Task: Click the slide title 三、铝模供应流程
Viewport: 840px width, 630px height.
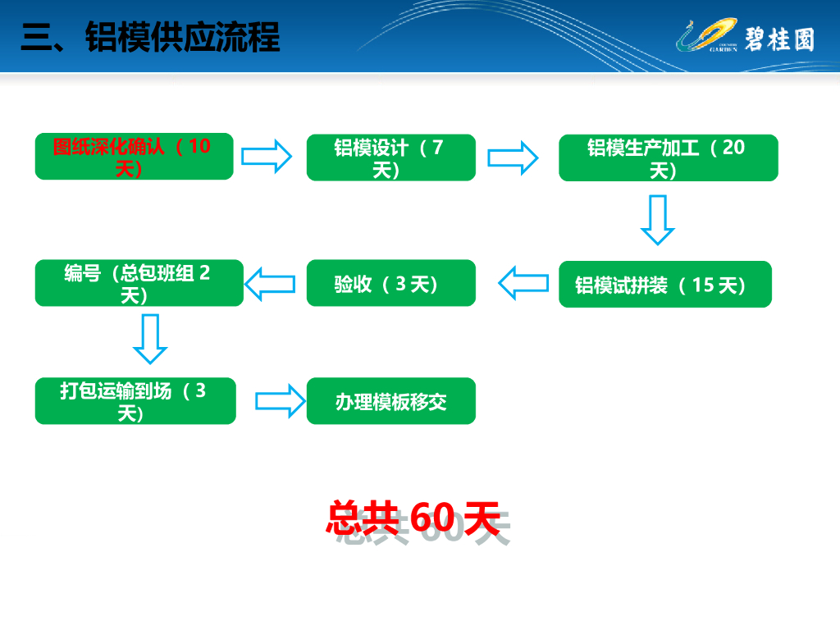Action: (x=150, y=38)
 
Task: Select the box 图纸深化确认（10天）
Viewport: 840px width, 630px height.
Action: (x=135, y=157)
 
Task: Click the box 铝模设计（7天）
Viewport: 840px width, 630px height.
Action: (x=390, y=157)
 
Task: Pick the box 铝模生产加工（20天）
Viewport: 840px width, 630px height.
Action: (x=668, y=157)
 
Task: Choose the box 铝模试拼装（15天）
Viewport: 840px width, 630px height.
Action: (x=664, y=285)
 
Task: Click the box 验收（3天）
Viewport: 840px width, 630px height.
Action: (x=390, y=284)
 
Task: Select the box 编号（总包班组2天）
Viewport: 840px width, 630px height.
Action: (x=139, y=283)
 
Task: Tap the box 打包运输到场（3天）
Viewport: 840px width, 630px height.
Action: (x=135, y=401)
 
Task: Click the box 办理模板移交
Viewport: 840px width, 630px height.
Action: (x=390, y=402)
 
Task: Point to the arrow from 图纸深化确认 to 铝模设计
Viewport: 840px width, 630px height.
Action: (x=267, y=156)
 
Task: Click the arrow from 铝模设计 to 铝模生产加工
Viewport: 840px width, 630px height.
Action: (x=514, y=157)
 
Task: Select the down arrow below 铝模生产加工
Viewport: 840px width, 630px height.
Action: (x=658, y=219)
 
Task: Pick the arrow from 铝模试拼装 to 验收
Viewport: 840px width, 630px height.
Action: (x=523, y=284)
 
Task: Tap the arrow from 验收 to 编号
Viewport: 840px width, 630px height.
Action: (x=271, y=284)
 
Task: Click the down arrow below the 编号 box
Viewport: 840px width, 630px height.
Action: (x=150, y=339)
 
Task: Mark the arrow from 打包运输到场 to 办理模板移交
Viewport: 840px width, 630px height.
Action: (x=279, y=401)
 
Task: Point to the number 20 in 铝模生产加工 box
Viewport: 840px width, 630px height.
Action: (x=733, y=148)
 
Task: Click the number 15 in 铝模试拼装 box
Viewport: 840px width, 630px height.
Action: (x=703, y=285)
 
